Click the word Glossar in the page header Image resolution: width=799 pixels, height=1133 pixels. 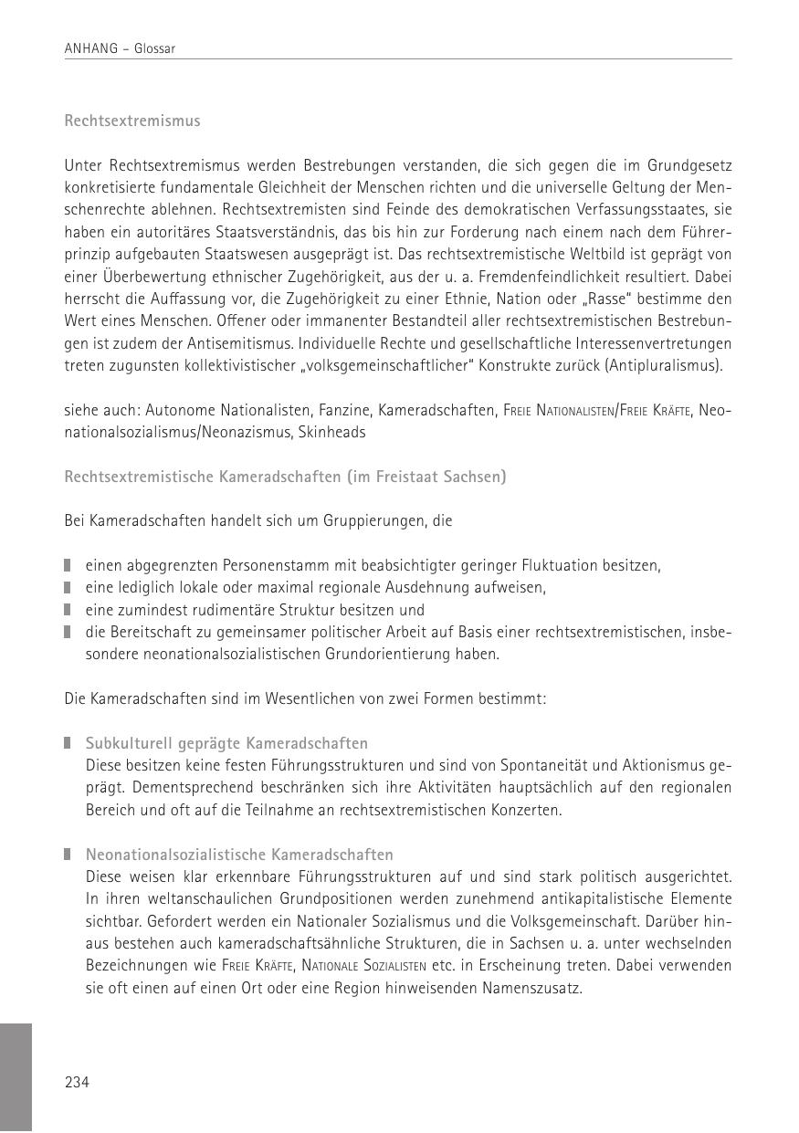click(154, 49)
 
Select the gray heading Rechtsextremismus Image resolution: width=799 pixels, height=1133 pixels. click(132, 121)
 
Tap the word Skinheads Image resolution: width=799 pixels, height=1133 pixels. click(331, 433)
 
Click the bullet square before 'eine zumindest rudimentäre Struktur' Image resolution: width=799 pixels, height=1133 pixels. click(68, 610)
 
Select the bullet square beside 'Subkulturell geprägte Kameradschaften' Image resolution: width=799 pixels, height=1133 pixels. click(68, 743)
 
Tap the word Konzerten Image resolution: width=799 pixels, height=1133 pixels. click(526, 810)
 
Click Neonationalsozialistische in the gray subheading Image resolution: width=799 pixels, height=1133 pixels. click(168, 855)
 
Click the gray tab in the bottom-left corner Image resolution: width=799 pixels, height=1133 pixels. click(16, 1077)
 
